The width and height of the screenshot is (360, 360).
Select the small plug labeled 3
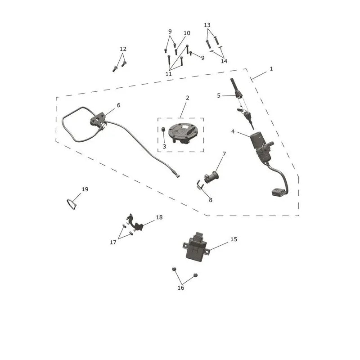164,129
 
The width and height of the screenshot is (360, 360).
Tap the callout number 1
271,69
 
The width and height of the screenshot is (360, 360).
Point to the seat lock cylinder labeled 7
211,177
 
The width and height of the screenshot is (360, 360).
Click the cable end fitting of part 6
177,175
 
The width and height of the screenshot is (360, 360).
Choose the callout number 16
181,288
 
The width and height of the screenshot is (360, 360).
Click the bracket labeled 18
135,223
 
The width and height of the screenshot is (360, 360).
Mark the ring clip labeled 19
72,204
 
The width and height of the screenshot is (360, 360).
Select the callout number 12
123,49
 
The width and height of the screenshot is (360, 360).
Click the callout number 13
207,25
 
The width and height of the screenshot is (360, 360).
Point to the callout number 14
224,61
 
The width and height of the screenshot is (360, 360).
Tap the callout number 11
168,74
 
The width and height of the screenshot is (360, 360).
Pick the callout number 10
187,33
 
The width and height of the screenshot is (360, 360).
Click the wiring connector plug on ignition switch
277,192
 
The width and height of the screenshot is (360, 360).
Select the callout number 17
113,242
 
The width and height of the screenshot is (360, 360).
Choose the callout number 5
219,95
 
